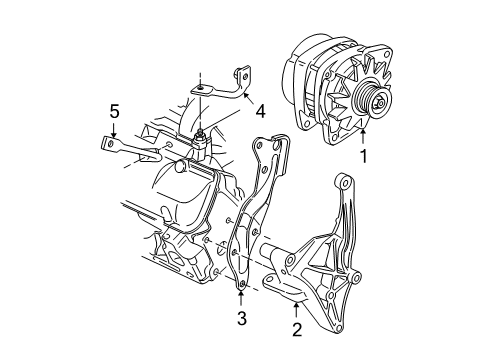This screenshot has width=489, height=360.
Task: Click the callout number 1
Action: coord(364,155)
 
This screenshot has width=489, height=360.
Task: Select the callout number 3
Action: coord(241,319)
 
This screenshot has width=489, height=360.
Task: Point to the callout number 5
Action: coord(115,111)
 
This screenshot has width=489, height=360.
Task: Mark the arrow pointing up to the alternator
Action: coord(364,134)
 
